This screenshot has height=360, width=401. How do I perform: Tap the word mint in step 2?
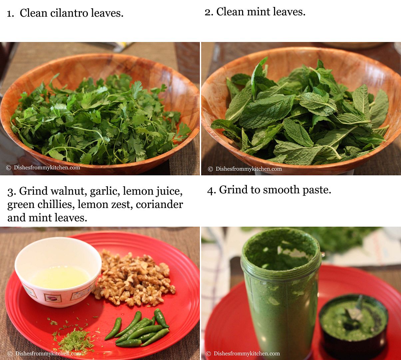258,12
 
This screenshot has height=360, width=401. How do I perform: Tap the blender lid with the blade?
353,325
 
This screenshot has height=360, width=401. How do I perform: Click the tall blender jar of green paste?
281,293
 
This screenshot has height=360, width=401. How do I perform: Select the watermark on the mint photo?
245,169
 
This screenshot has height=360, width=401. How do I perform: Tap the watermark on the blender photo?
243,353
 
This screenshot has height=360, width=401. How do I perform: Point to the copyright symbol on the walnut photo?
10,353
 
